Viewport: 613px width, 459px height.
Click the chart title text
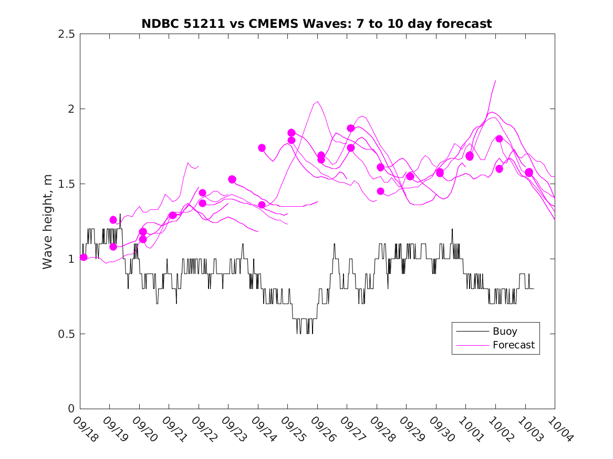click(317, 24)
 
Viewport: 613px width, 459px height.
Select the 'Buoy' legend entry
click(504, 332)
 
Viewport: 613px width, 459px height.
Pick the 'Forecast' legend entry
click(513, 345)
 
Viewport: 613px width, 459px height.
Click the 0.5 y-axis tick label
click(67, 334)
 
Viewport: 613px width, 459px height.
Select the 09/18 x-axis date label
click(85, 429)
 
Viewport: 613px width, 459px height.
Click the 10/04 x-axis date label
click(560, 429)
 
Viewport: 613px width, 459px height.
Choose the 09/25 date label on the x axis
click(293, 429)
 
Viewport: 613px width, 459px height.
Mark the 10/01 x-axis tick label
click(471, 429)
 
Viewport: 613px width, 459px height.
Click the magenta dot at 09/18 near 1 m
click(84, 257)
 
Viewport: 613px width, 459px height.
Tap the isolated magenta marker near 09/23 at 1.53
click(232, 179)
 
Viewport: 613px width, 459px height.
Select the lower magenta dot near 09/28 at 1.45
click(380, 191)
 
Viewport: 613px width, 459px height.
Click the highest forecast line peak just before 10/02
click(495, 81)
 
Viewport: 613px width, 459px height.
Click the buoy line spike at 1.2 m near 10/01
click(452, 229)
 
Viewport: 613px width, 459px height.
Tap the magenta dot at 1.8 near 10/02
click(499, 139)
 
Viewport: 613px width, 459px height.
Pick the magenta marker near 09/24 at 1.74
click(262, 148)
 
